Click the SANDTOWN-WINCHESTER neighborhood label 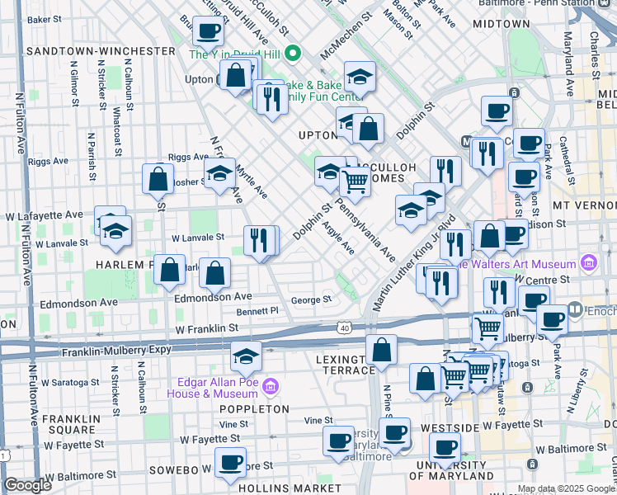coord(100,51)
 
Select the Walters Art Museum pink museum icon coord(589,264)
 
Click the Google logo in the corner coord(27,485)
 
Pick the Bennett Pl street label coord(258,312)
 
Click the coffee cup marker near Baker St coord(208,32)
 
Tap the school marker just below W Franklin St coord(245,358)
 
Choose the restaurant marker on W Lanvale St coord(260,240)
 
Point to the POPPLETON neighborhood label coord(253,409)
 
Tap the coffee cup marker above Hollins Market coord(230,462)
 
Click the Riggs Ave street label coord(187,157)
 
